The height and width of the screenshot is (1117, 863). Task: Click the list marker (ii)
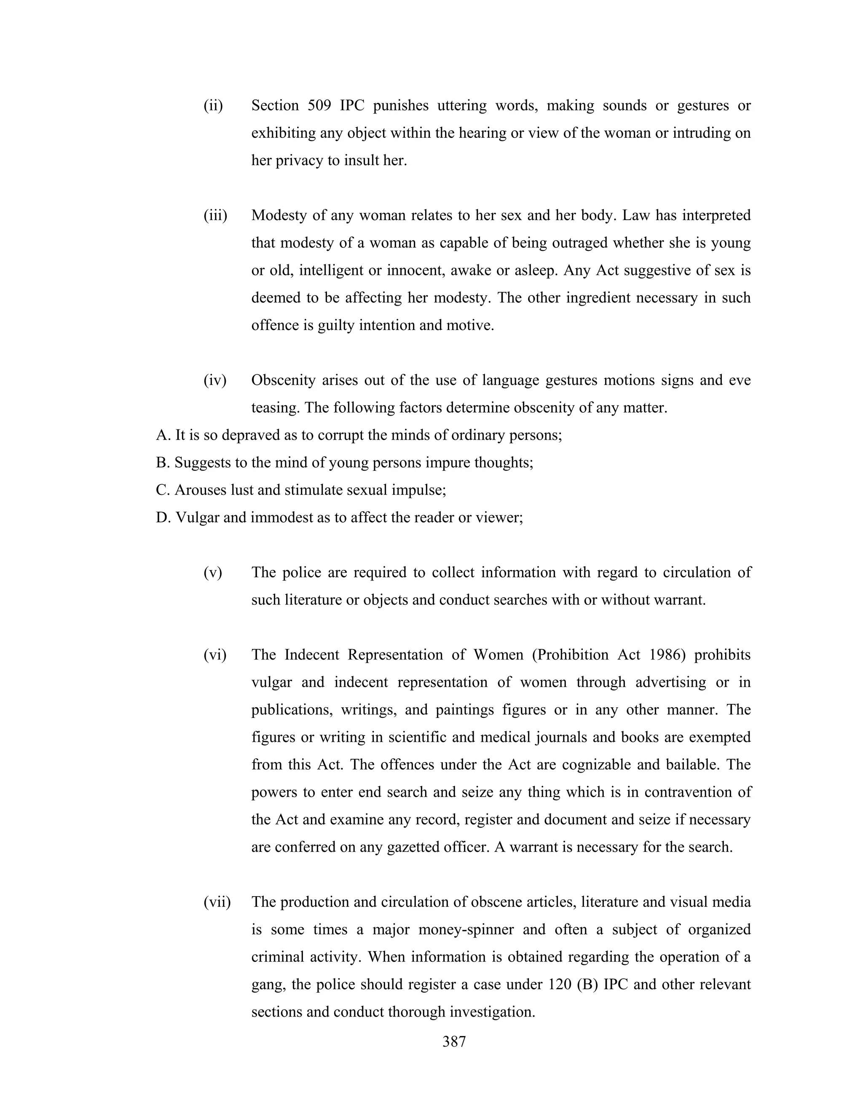click(213, 106)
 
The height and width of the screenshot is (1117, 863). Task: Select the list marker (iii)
click(215, 216)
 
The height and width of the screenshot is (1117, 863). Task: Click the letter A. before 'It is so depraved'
click(163, 436)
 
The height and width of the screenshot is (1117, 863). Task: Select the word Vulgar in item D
click(197, 518)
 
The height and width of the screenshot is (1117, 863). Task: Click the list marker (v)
click(213, 573)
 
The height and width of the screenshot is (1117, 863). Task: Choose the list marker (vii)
click(217, 902)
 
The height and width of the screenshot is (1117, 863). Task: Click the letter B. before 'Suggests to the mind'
click(162, 463)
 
